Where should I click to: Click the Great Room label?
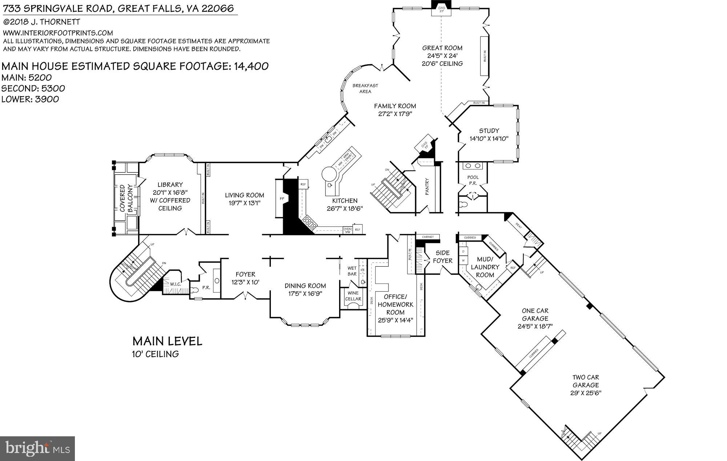pyautogui.click(x=442, y=48)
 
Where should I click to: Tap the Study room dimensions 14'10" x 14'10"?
pyautogui.click(x=489, y=138)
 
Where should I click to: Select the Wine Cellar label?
pyautogui.click(x=353, y=296)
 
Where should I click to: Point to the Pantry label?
pyautogui.click(x=427, y=186)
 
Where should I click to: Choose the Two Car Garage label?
pyautogui.click(x=586, y=381)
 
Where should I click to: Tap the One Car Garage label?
pyautogui.click(x=535, y=315)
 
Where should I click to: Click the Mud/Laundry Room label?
pyautogui.click(x=485, y=267)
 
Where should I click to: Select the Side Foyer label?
pyautogui.click(x=442, y=256)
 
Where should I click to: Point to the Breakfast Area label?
pyautogui.click(x=365, y=88)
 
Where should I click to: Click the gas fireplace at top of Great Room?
pyautogui.click(x=441, y=10)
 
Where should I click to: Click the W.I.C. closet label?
pyautogui.click(x=176, y=284)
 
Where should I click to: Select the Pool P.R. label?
pyautogui.click(x=473, y=180)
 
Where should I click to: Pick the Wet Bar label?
pyautogui.click(x=352, y=271)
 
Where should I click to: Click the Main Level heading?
pyautogui.click(x=167, y=341)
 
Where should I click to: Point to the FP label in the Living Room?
pyautogui.click(x=282, y=199)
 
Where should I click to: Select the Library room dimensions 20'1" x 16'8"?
pyautogui.click(x=170, y=193)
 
